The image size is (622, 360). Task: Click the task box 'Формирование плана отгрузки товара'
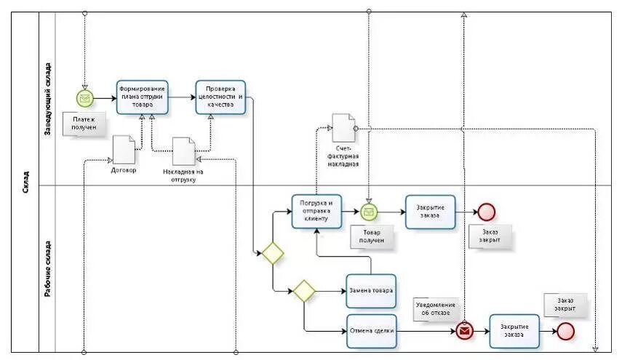(142, 97)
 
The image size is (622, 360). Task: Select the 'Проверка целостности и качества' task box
(220, 97)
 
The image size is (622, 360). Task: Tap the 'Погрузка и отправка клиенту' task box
(316, 212)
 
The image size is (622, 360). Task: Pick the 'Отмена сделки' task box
(372, 331)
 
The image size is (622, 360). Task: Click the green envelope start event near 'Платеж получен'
(85, 97)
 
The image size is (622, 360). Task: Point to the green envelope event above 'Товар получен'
(369, 212)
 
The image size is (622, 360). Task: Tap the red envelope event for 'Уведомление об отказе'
(464, 331)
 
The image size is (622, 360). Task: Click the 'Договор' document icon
(124, 151)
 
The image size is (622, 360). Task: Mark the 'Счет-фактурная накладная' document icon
(343, 128)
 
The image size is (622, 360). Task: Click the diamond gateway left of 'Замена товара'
(304, 291)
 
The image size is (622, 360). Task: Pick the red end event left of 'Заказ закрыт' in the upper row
(486, 212)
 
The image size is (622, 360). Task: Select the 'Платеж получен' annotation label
(84, 123)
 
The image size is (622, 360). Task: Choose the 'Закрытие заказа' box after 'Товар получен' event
(430, 212)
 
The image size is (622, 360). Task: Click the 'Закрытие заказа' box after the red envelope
(514, 331)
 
